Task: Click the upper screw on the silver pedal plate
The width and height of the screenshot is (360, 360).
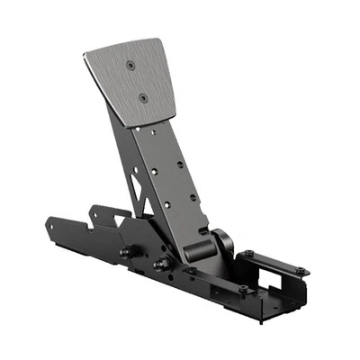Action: point(132,66)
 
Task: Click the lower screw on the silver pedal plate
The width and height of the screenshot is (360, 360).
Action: point(142,96)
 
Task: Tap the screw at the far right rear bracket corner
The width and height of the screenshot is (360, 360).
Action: point(297,267)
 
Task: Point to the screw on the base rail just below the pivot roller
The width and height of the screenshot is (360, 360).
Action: point(190,271)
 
